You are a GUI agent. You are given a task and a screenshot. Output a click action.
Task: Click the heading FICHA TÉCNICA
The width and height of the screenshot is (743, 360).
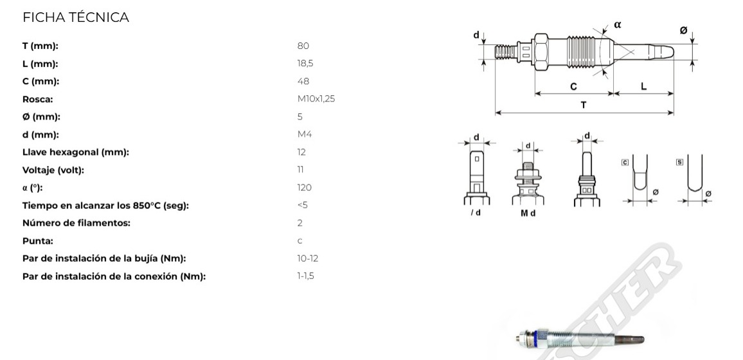click(76, 17)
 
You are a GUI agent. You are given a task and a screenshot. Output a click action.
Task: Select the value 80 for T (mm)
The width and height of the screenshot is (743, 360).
click(303, 46)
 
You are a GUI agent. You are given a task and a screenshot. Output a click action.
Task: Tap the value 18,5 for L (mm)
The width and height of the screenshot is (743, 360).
click(305, 64)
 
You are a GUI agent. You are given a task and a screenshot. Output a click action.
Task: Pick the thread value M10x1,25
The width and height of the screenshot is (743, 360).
click(316, 99)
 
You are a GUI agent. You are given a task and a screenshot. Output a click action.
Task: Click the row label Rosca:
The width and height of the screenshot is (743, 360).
click(37, 100)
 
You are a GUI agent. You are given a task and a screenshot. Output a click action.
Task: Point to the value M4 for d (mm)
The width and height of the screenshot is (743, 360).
click(304, 134)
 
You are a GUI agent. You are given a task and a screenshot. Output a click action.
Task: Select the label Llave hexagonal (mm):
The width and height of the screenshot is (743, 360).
click(75, 152)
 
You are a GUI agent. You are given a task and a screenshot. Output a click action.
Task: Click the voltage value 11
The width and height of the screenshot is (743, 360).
click(300, 170)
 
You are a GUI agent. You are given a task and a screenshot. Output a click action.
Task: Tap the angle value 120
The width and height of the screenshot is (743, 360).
click(304, 188)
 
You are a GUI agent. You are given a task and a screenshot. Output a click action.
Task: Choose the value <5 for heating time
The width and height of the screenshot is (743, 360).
click(302, 205)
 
